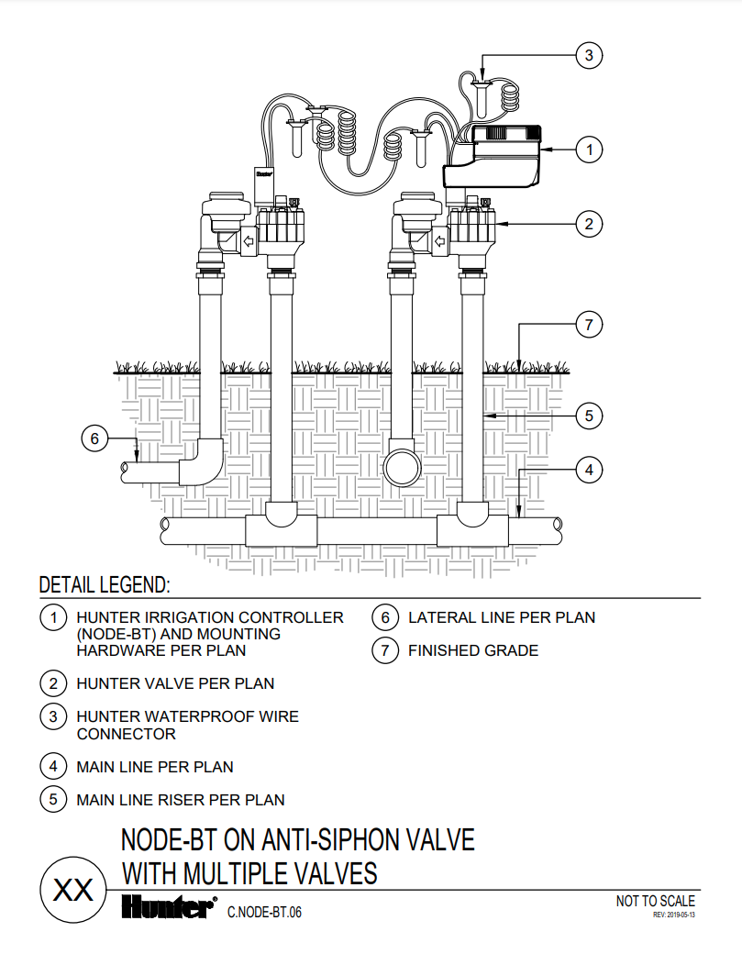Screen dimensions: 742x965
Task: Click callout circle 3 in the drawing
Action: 589,55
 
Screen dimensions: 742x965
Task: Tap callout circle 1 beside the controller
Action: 589,150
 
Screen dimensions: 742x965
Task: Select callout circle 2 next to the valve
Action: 589,224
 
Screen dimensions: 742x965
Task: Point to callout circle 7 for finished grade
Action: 589,325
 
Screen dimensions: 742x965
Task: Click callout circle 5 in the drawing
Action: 589,416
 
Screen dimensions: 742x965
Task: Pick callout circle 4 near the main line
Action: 589,471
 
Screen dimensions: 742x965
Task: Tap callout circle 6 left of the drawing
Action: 94,438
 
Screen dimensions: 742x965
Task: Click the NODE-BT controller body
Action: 493,156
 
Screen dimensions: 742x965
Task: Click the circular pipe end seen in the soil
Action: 402,467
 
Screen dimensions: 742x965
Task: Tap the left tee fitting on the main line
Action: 282,524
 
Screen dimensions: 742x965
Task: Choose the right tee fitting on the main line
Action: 472,524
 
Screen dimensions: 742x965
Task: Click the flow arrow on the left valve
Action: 248,240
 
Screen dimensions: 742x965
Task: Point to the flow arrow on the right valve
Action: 439,240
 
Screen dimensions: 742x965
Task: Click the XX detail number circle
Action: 73,890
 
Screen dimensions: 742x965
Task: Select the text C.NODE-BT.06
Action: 264,912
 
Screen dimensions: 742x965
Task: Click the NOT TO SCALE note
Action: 655,901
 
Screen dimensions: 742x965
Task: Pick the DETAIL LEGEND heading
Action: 105,584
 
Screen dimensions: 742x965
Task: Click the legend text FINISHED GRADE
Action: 473,650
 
